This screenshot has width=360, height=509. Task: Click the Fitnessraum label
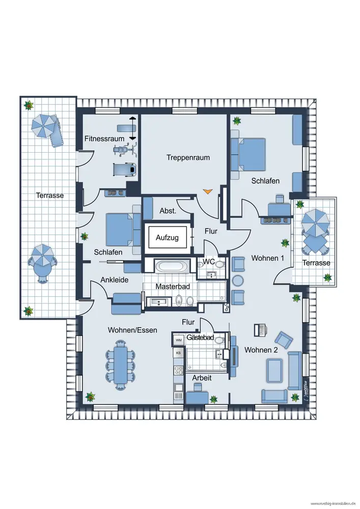coord(104,138)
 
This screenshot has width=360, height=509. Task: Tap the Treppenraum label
coord(188,157)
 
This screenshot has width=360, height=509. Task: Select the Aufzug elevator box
coord(168,238)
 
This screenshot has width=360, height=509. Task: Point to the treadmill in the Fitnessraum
coord(125,169)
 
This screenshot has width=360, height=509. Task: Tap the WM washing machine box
coord(179,340)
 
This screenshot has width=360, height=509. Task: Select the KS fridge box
coord(178,353)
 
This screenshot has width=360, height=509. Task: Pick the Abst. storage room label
coord(168,211)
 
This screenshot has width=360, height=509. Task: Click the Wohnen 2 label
coord(261,350)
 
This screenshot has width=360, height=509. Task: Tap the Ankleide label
coord(114,280)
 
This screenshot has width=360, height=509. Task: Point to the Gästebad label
coord(200,337)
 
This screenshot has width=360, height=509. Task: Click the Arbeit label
coord(202,378)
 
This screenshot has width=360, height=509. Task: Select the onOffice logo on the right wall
coord(306,390)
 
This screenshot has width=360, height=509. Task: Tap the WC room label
coord(208,261)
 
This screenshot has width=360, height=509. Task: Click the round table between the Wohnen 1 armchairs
coord(238,281)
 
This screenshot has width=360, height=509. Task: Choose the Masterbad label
coord(173,287)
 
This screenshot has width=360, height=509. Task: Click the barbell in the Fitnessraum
coord(132,128)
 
